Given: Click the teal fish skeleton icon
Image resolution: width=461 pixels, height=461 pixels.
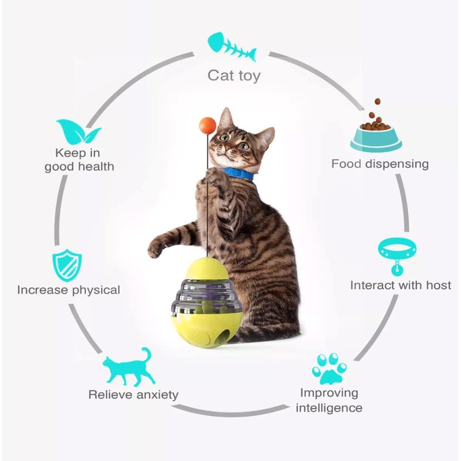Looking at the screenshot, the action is click(x=232, y=47).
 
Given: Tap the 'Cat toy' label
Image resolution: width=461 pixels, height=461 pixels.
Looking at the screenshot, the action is click(x=234, y=75).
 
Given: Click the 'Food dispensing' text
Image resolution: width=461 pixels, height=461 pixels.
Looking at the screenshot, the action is click(x=380, y=164).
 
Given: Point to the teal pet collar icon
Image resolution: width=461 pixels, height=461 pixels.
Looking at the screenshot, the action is click(x=397, y=256).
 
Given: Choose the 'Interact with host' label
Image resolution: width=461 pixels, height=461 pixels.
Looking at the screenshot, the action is click(x=400, y=285).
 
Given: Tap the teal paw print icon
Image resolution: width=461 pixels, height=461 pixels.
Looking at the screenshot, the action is click(x=329, y=369).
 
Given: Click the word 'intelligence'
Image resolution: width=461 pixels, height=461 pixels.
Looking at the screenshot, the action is click(x=329, y=408).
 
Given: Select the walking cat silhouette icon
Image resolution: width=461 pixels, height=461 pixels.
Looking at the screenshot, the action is click(x=129, y=366).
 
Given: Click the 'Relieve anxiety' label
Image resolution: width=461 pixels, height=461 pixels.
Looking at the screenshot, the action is click(x=133, y=395).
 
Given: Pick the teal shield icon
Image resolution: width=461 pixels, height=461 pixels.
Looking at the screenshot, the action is click(x=67, y=266).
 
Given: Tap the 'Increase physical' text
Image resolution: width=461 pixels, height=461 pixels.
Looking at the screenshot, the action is click(x=69, y=290).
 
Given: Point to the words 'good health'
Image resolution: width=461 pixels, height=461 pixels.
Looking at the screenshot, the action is click(x=80, y=167).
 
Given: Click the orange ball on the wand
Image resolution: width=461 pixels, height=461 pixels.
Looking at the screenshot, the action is click(x=207, y=126).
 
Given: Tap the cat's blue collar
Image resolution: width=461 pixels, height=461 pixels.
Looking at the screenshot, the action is click(x=239, y=173).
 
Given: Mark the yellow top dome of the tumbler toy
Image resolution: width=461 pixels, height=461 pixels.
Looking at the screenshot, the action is click(x=206, y=269).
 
